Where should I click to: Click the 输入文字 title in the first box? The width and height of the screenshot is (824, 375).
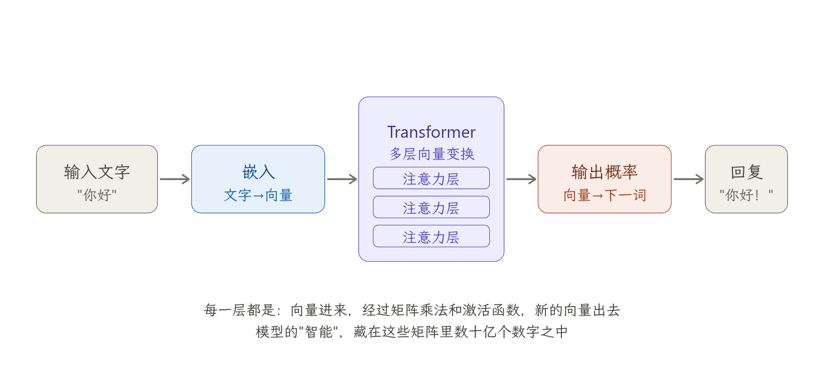97,172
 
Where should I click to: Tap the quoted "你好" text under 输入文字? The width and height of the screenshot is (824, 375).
97,195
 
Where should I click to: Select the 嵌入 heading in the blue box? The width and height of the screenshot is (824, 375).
258,172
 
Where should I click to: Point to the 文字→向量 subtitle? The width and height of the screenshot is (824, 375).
258,195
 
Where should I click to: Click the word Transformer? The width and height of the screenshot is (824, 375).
431,132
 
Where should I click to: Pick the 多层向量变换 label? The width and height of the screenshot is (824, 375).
431,154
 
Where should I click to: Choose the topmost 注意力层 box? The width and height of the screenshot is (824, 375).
431,178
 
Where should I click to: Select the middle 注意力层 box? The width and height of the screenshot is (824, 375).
431,208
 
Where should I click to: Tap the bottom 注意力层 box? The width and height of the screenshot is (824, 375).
431,237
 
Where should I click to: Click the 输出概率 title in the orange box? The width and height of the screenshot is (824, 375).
604,172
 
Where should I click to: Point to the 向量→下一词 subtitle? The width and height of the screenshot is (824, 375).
604,195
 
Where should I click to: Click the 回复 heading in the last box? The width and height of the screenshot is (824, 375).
746,172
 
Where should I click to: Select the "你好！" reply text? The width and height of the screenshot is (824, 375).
746,195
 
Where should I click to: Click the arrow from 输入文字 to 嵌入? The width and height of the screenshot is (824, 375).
175,179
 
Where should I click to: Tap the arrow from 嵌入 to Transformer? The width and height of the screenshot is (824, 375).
342,179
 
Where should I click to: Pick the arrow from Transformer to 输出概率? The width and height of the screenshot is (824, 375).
521,179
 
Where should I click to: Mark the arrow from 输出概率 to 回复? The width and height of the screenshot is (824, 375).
688,179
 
